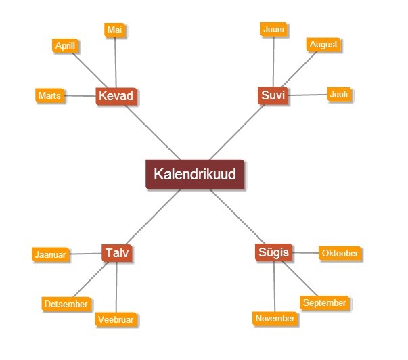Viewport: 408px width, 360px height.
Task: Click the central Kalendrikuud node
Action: click(x=195, y=174)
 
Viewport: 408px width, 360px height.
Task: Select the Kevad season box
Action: click(x=116, y=96)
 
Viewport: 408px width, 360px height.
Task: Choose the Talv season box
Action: click(x=116, y=253)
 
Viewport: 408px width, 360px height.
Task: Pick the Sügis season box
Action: click(x=274, y=252)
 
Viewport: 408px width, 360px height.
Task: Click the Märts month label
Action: click(x=49, y=95)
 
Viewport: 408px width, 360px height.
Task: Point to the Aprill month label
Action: click(x=66, y=45)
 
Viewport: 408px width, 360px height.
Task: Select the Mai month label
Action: click(x=115, y=30)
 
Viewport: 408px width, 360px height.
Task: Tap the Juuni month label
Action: click(x=274, y=29)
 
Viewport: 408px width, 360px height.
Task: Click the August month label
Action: click(x=323, y=45)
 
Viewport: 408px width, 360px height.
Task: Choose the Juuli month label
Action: click(x=338, y=95)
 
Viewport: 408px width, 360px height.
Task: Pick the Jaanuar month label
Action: click(x=50, y=255)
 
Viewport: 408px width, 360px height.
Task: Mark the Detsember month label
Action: click(x=66, y=304)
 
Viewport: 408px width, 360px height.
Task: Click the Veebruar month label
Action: click(x=115, y=319)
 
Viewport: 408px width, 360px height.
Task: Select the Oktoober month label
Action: click(x=340, y=253)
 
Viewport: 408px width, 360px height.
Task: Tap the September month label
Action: click(x=324, y=303)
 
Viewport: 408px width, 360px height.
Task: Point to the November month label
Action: click(x=275, y=318)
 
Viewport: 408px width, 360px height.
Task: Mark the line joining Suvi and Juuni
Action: click(x=273, y=61)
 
